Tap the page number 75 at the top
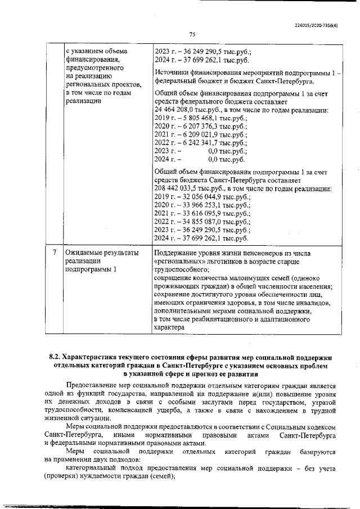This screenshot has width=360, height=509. pos(192,34)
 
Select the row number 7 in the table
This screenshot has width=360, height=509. pos(53,253)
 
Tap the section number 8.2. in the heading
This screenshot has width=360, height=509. pos(55,357)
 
